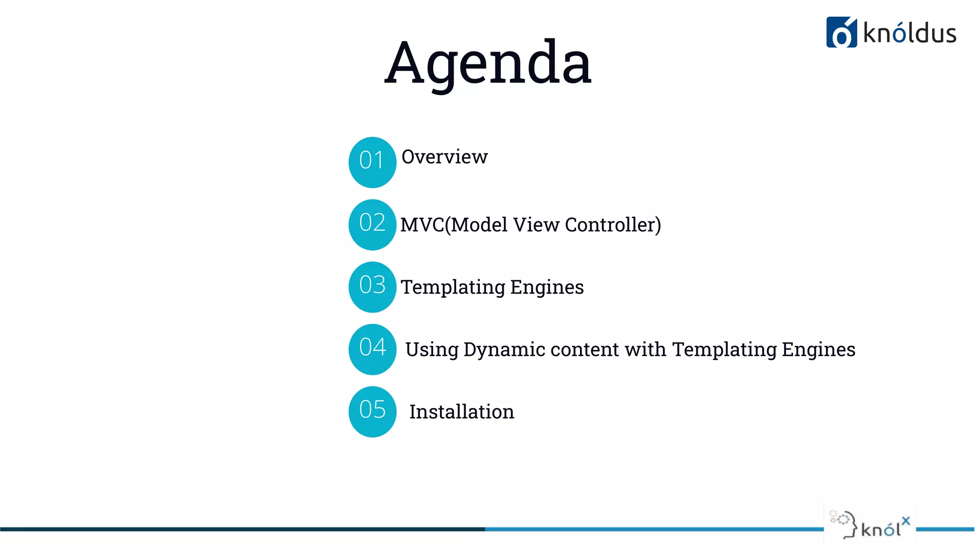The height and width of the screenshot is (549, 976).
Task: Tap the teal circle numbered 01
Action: coord(372,162)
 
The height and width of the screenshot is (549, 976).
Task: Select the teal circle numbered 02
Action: coord(372,224)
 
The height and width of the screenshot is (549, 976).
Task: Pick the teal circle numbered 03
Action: coord(372,287)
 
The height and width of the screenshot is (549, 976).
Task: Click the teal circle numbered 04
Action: coord(372,349)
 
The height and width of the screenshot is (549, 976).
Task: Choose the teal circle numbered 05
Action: coord(372,411)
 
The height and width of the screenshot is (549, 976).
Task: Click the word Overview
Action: coord(444,157)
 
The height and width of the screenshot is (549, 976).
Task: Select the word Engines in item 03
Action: coord(547,287)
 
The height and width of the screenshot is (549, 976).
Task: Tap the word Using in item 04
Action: coord(431,350)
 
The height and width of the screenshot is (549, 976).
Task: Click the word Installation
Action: coord(461,412)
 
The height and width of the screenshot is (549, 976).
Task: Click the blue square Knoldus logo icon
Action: coord(841,32)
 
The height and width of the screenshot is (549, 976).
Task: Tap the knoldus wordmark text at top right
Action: coord(909,34)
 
